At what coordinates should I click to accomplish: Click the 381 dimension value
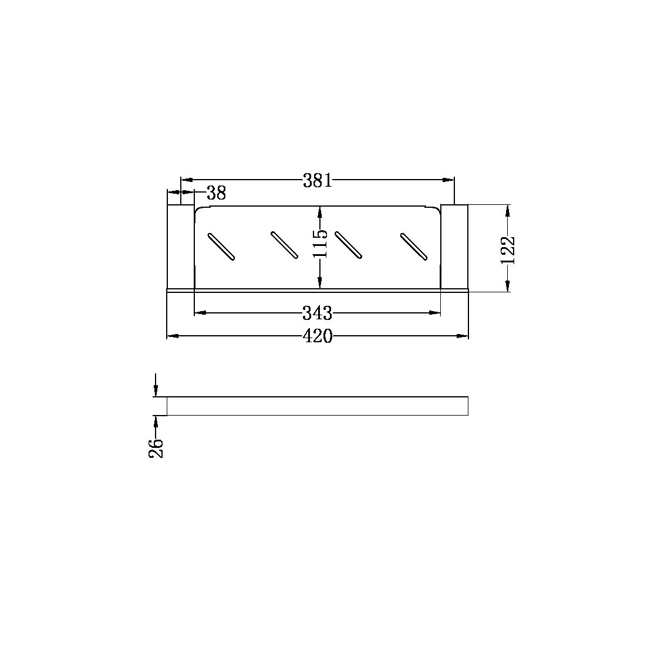pyautogui.click(x=318, y=180)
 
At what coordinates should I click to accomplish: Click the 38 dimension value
pyautogui.click(x=216, y=193)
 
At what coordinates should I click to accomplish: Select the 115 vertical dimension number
pyautogui.click(x=319, y=244)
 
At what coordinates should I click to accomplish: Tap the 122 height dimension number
pyautogui.click(x=508, y=250)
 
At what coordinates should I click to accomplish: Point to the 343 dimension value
pyautogui.click(x=317, y=313)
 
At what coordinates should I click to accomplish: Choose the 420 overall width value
pyautogui.click(x=317, y=336)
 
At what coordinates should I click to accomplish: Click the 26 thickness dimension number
pyautogui.click(x=156, y=448)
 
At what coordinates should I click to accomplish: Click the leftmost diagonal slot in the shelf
pyautogui.click(x=221, y=246)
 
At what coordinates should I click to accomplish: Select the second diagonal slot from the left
pyautogui.click(x=285, y=245)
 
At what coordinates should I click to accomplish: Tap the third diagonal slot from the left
pyautogui.click(x=348, y=245)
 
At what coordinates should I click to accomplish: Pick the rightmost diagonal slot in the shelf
pyautogui.click(x=413, y=245)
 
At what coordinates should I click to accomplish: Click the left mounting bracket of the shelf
pyautogui.click(x=181, y=247)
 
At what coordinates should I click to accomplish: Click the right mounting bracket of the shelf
pyautogui.click(x=454, y=247)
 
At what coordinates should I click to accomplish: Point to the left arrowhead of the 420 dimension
pyautogui.click(x=172, y=336)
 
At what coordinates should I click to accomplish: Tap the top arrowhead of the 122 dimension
pyautogui.click(x=508, y=209)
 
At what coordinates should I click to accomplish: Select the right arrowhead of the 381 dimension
pyautogui.click(x=450, y=180)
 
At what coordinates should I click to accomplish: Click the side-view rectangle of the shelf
pyautogui.click(x=317, y=406)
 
